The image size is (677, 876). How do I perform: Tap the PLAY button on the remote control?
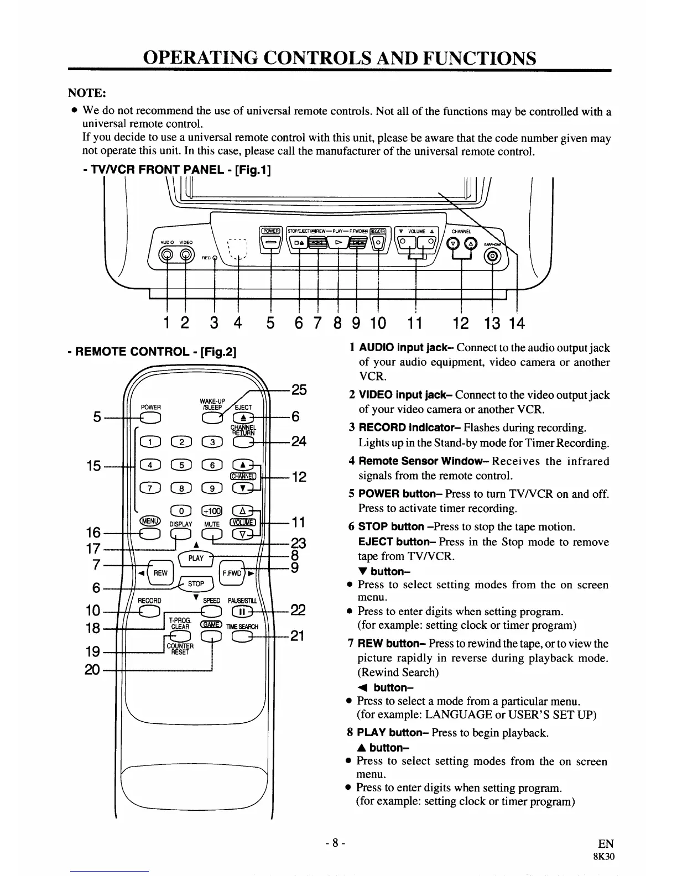[x=197, y=557]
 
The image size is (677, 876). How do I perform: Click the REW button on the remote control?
[x=160, y=573]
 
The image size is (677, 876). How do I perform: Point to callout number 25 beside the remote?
[x=299, y=389]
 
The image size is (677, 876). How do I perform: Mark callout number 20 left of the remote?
[x=92, y=670]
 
